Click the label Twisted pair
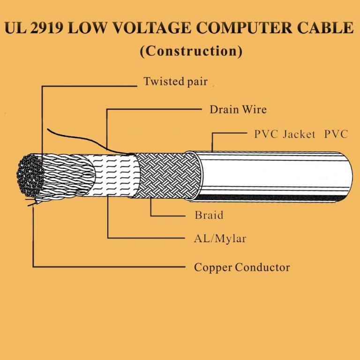tap(175, 82)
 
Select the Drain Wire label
tap(238, 110)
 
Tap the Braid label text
tap(209, 216)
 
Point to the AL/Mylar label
tap(220, 239)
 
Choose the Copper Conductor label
tap(242, 268)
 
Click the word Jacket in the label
tap(299, 135)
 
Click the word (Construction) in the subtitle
tap(191, 51)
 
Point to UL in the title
tap(15, 28)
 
